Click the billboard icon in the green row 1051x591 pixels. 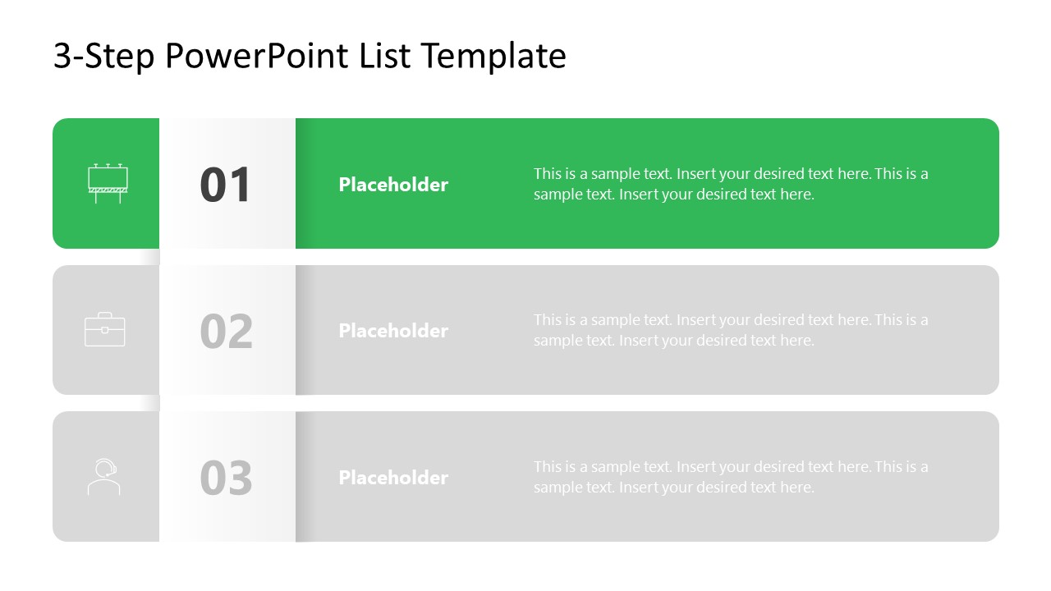tap(108, 183)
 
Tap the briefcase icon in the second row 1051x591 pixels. tap(105, 329)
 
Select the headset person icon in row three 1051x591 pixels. tap(104, 477)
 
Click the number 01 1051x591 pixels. tap(226, 185)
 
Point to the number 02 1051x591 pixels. tap(226, 331)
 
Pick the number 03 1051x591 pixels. tap(226, 478)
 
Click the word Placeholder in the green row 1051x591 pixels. tap(393, 185)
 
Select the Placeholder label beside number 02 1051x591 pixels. tap(393, 331)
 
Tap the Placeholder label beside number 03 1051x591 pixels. tap(393, 478)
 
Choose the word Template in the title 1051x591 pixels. tap(493, 57)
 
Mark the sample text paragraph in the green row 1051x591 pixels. tap(731, 184)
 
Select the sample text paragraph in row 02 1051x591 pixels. tap(731, 330)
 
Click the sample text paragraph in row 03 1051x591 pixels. tap(731, 477)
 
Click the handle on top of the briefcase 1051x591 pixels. tap(105, 314)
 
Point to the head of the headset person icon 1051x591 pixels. tap(105, 468)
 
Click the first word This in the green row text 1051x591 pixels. tap(548, 174)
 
